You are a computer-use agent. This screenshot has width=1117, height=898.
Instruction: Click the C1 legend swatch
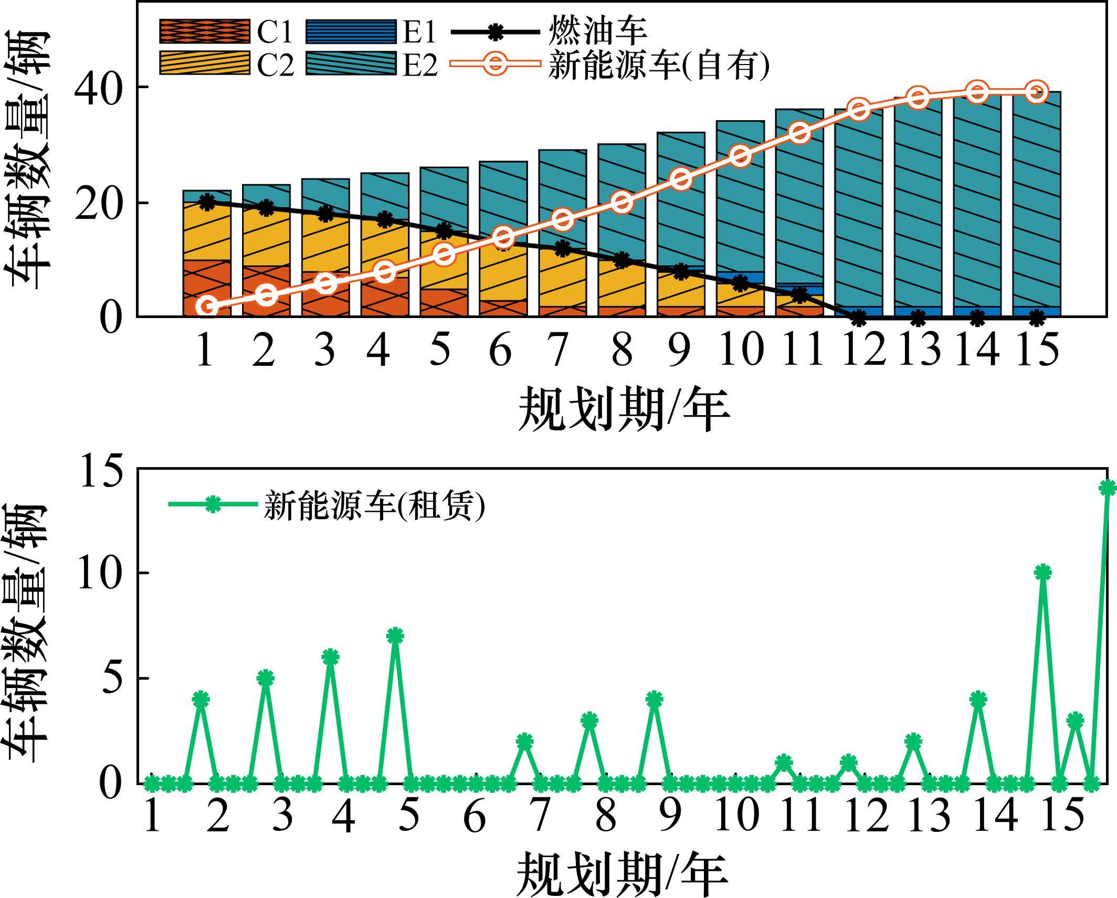(205, 32)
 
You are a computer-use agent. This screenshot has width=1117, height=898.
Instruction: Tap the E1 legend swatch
(351, 32)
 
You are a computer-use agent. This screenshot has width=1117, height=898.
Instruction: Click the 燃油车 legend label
(597, 32)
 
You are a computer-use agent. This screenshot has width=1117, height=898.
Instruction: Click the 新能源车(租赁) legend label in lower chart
(374, 505)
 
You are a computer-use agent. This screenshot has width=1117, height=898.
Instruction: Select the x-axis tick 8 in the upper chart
(622, 350)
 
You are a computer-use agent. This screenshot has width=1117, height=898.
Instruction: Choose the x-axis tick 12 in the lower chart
(867, 817)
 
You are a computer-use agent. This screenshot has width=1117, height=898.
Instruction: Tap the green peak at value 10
(1043, 573)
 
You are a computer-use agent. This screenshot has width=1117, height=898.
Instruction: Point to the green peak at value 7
(395, 636)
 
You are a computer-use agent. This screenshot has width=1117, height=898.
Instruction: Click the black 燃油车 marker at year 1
(207, 202)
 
